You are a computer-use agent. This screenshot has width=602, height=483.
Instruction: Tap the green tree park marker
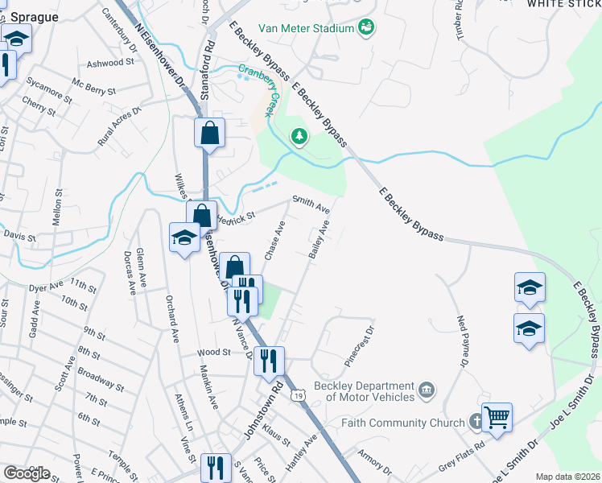tap(299, 136)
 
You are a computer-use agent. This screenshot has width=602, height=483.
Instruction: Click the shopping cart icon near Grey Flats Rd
tap(497, 418)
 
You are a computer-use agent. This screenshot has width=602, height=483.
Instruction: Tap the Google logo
tap(27, 473)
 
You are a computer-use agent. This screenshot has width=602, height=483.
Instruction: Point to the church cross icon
tap(476, 421)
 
